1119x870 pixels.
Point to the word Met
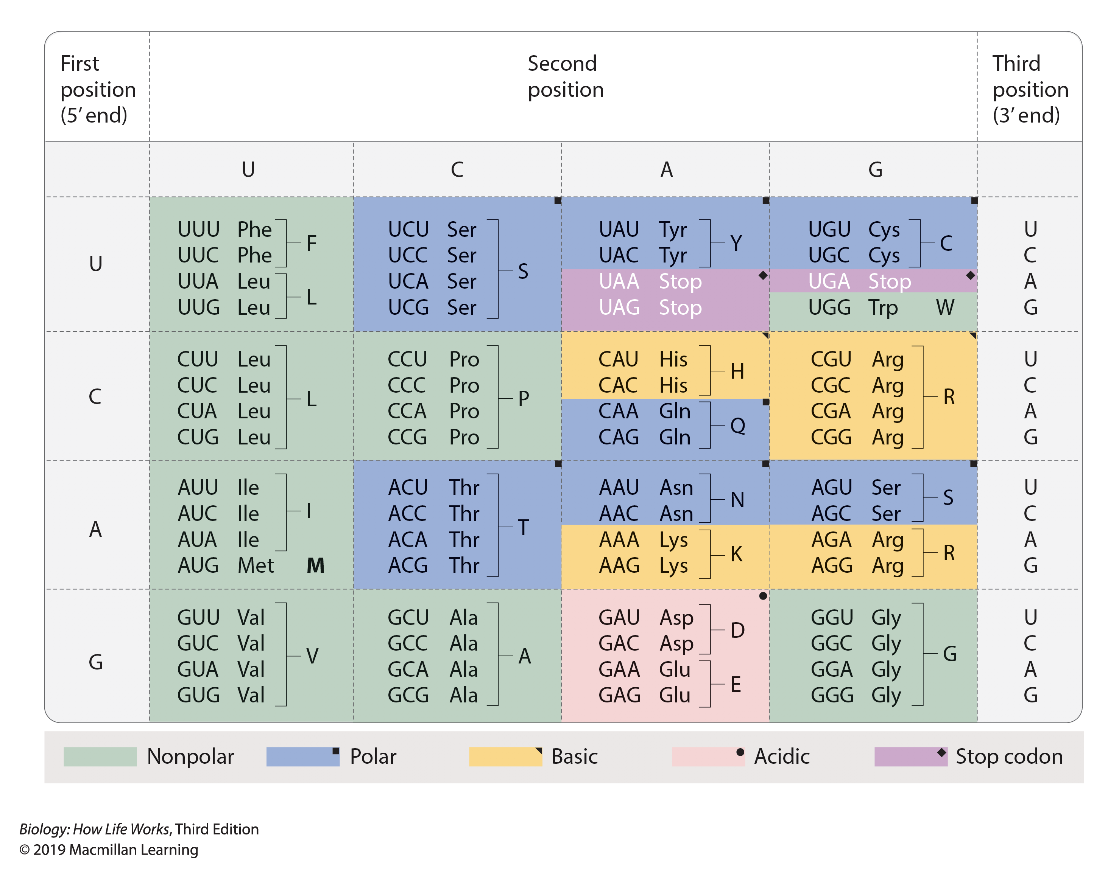point(255,565)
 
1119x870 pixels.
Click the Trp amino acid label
point(883,308)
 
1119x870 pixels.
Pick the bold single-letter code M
point(315,565)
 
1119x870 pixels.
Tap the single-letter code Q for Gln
point(737,425)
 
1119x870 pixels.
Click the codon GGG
point(832,695)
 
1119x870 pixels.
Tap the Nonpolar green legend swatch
point(100,756)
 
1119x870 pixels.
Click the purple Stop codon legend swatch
point(910,756)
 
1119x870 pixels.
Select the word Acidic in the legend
point(782,756)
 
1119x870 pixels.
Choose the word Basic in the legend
point(574,756)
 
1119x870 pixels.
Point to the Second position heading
point(565,76)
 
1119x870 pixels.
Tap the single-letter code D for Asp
point(737,630)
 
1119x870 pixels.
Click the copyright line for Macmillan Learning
point(109,850)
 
